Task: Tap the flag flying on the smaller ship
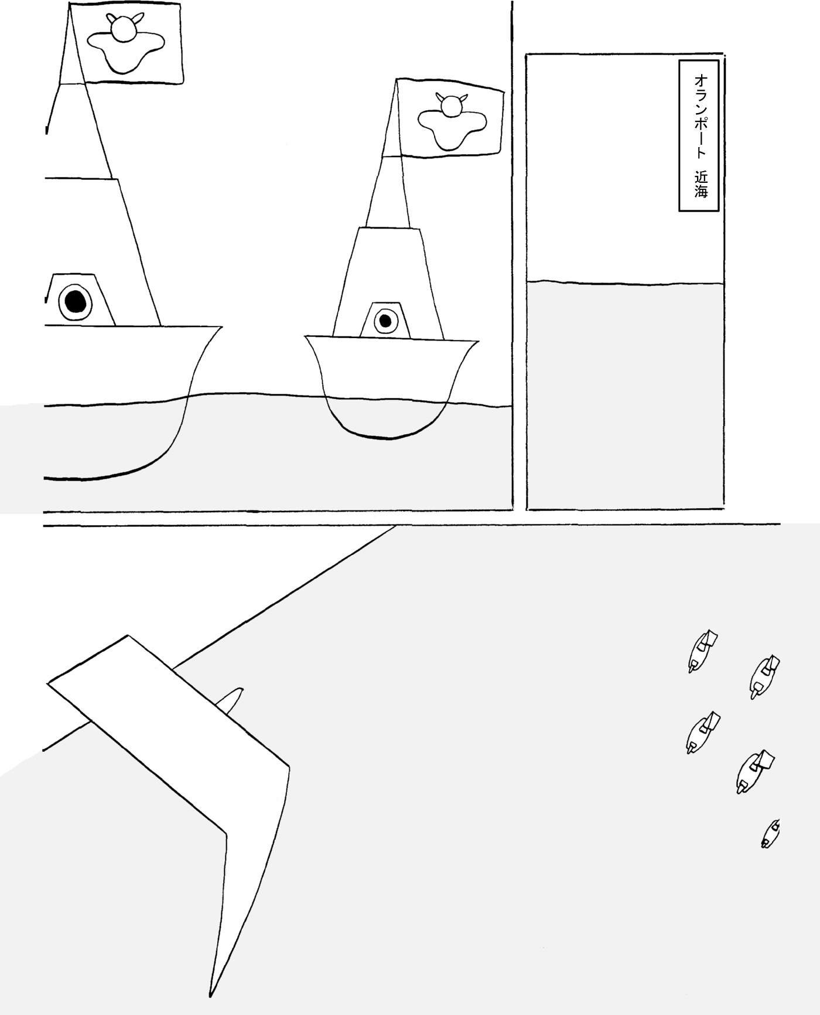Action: (x=449, y=118)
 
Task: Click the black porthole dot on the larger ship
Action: (x=75, y=301)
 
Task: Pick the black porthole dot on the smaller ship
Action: (x=385, y=321)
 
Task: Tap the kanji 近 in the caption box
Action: (x=701, y=176)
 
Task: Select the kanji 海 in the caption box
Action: (x=701, y=191)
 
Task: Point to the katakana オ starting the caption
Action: (x=701, y=80)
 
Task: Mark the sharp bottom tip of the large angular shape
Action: (x=210, y=995)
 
